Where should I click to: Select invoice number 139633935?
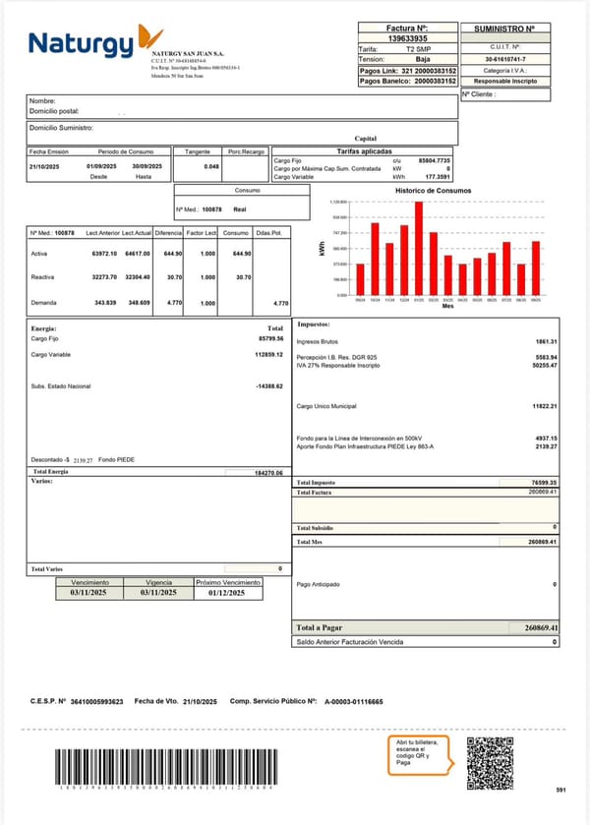pos(407,39)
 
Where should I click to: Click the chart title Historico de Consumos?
pos(433,190)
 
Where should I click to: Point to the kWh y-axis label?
pos(322,251)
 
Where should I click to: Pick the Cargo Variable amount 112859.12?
pos(268,353)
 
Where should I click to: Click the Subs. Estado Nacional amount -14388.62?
pos(269,385)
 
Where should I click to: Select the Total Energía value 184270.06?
pos(267,473)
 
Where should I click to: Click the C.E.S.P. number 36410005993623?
pos(96,702)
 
